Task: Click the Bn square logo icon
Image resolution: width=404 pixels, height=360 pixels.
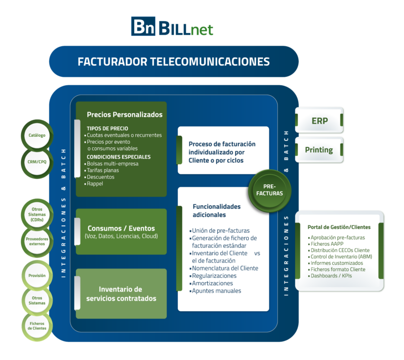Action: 143,27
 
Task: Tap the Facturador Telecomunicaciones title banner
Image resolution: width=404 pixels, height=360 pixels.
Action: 174,62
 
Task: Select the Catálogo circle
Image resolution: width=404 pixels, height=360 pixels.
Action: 37,135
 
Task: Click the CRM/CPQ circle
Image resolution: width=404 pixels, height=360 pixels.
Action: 37,162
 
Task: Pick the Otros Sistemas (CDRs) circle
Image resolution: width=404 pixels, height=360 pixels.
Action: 37,214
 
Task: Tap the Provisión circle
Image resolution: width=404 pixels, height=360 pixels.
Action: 37,275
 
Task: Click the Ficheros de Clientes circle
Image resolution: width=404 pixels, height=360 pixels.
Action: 37,325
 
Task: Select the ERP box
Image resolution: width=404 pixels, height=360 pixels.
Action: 319,121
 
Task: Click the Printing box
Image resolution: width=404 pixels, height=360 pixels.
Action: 319,150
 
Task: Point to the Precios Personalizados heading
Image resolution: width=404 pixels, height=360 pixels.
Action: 125,114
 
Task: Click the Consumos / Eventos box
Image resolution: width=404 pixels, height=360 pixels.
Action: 121,232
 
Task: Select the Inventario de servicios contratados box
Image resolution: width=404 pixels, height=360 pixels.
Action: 121,294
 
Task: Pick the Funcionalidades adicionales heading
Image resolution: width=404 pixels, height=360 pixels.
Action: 216,211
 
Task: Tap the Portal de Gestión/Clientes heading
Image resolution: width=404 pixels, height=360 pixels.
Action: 339,227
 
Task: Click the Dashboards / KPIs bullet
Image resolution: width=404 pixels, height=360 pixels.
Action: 331,276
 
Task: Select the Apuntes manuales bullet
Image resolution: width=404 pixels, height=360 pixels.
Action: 216,291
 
